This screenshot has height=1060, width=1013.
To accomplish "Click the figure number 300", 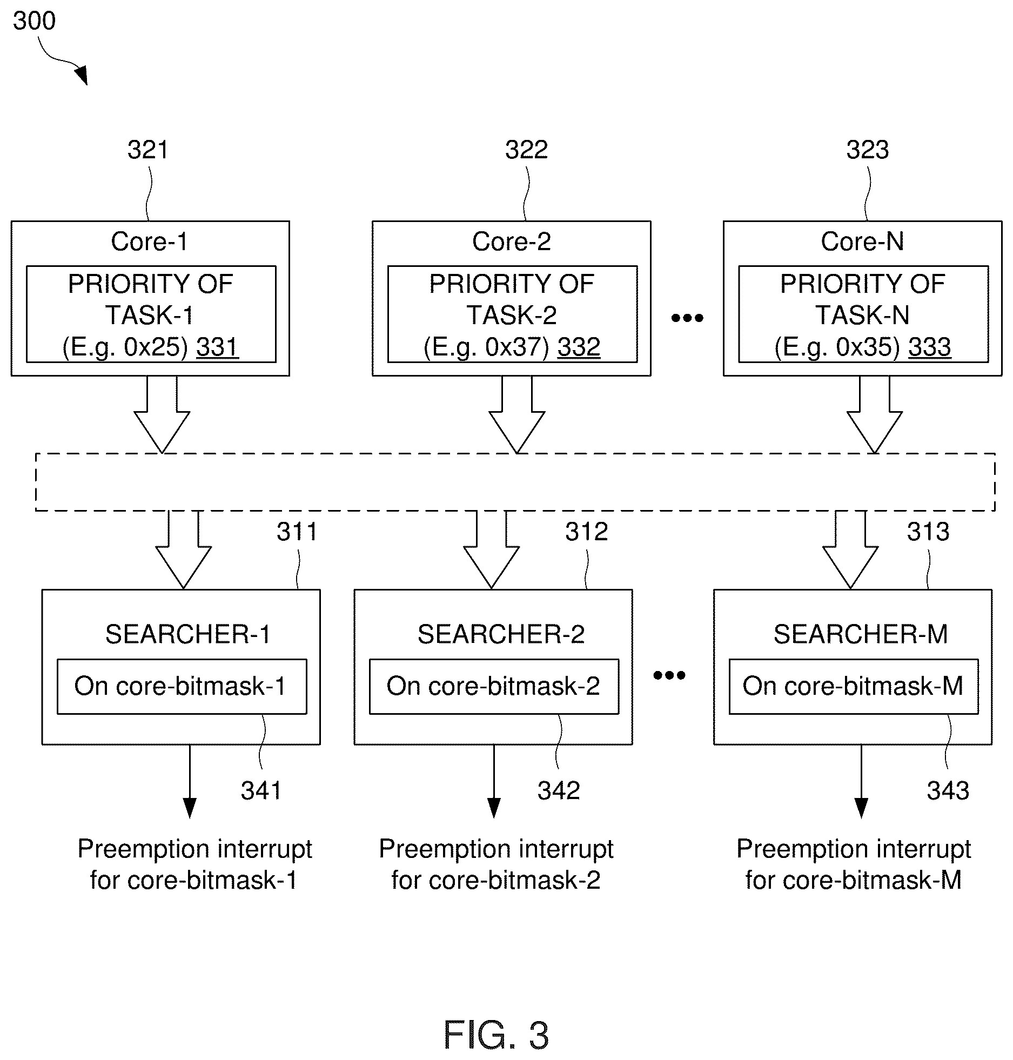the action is click(35, 21).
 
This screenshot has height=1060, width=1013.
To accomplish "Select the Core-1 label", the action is click(150, 241).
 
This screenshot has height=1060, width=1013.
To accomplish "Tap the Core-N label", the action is click(862, 241).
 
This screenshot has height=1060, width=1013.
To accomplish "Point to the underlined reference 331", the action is click(217, 347).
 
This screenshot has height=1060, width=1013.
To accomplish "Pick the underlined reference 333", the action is click(929, 347).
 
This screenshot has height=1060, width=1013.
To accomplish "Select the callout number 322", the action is click(526, 150).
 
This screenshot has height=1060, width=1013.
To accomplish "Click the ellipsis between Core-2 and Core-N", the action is click(687, 318).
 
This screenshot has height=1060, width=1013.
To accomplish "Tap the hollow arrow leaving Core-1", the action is click(162, 414).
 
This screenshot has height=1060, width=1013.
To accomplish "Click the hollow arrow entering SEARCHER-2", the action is click(491, 549).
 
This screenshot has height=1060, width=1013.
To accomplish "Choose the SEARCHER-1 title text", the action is click(187, 634).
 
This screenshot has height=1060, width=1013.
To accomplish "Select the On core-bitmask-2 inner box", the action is click(494, 686).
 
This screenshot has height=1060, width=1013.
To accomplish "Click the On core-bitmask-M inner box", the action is click(854, 686).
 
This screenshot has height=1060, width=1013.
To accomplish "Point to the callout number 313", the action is click(928, 532).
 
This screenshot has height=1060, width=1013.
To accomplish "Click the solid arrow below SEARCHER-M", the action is click(861, 781).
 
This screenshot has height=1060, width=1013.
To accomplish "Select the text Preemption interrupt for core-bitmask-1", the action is click(194, 864).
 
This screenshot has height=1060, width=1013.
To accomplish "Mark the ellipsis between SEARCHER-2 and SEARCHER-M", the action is click(669, 675).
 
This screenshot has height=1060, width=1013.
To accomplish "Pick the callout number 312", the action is click(586, 532).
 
